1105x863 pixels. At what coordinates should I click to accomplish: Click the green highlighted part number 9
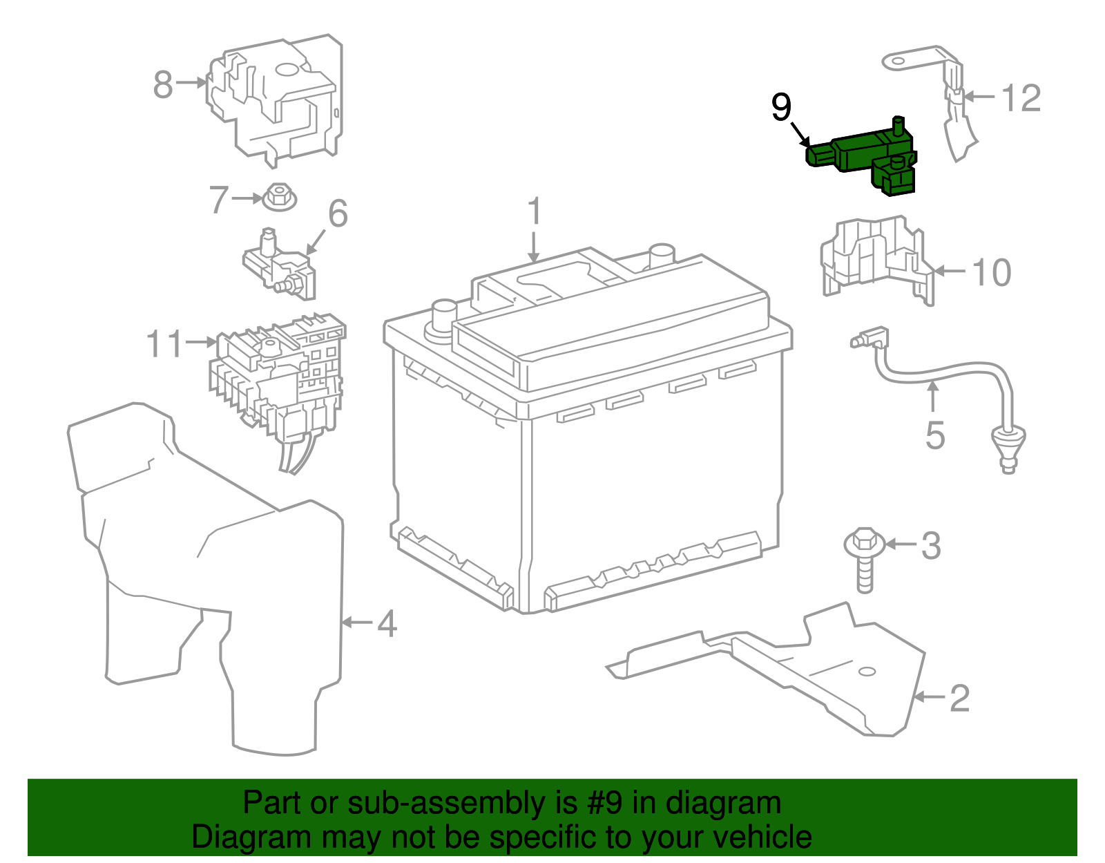point(863,155)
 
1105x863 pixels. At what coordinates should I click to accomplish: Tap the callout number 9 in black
point(781,108)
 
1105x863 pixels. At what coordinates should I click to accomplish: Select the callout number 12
point(1021,98)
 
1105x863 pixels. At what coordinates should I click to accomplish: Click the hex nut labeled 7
point(280,197)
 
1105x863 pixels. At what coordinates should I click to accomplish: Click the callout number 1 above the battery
point(535,212)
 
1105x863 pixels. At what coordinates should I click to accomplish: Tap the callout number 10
point(992,272)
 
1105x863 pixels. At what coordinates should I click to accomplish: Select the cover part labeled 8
point(276,100)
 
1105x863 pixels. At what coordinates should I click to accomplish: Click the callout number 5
point(934,435)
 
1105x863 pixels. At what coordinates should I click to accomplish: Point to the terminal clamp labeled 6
point(280,266)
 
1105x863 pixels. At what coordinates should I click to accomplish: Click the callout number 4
point(387,623)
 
